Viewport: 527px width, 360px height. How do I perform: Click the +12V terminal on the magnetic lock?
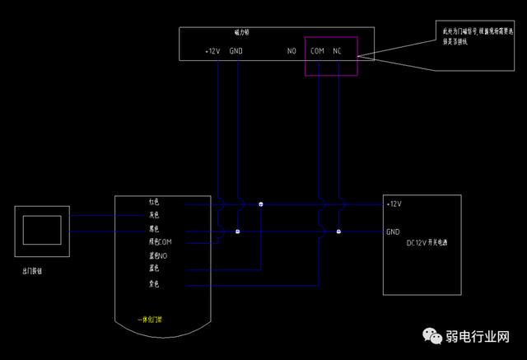tap(212, 51)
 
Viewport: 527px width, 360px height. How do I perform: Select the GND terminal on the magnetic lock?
tap(236, 51)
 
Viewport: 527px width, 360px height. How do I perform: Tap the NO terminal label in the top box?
tap(291, 51)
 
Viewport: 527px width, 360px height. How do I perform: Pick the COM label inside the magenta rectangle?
tap(317, 51)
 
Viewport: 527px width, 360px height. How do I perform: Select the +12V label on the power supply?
tap(394, 203)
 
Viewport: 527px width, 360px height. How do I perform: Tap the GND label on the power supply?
tap(393, 231)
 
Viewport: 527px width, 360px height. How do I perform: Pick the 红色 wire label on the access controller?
tap(154, 202)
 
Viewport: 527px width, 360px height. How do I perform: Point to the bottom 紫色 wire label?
tap(154, 284)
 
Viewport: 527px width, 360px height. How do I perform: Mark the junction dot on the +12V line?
tap(261, 203)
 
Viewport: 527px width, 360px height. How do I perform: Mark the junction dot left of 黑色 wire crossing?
tap(238, 231)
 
